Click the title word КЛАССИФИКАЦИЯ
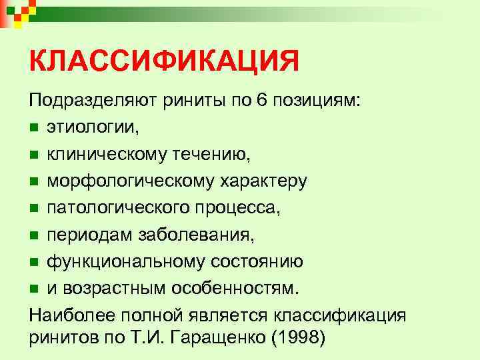(x=164, y=63)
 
